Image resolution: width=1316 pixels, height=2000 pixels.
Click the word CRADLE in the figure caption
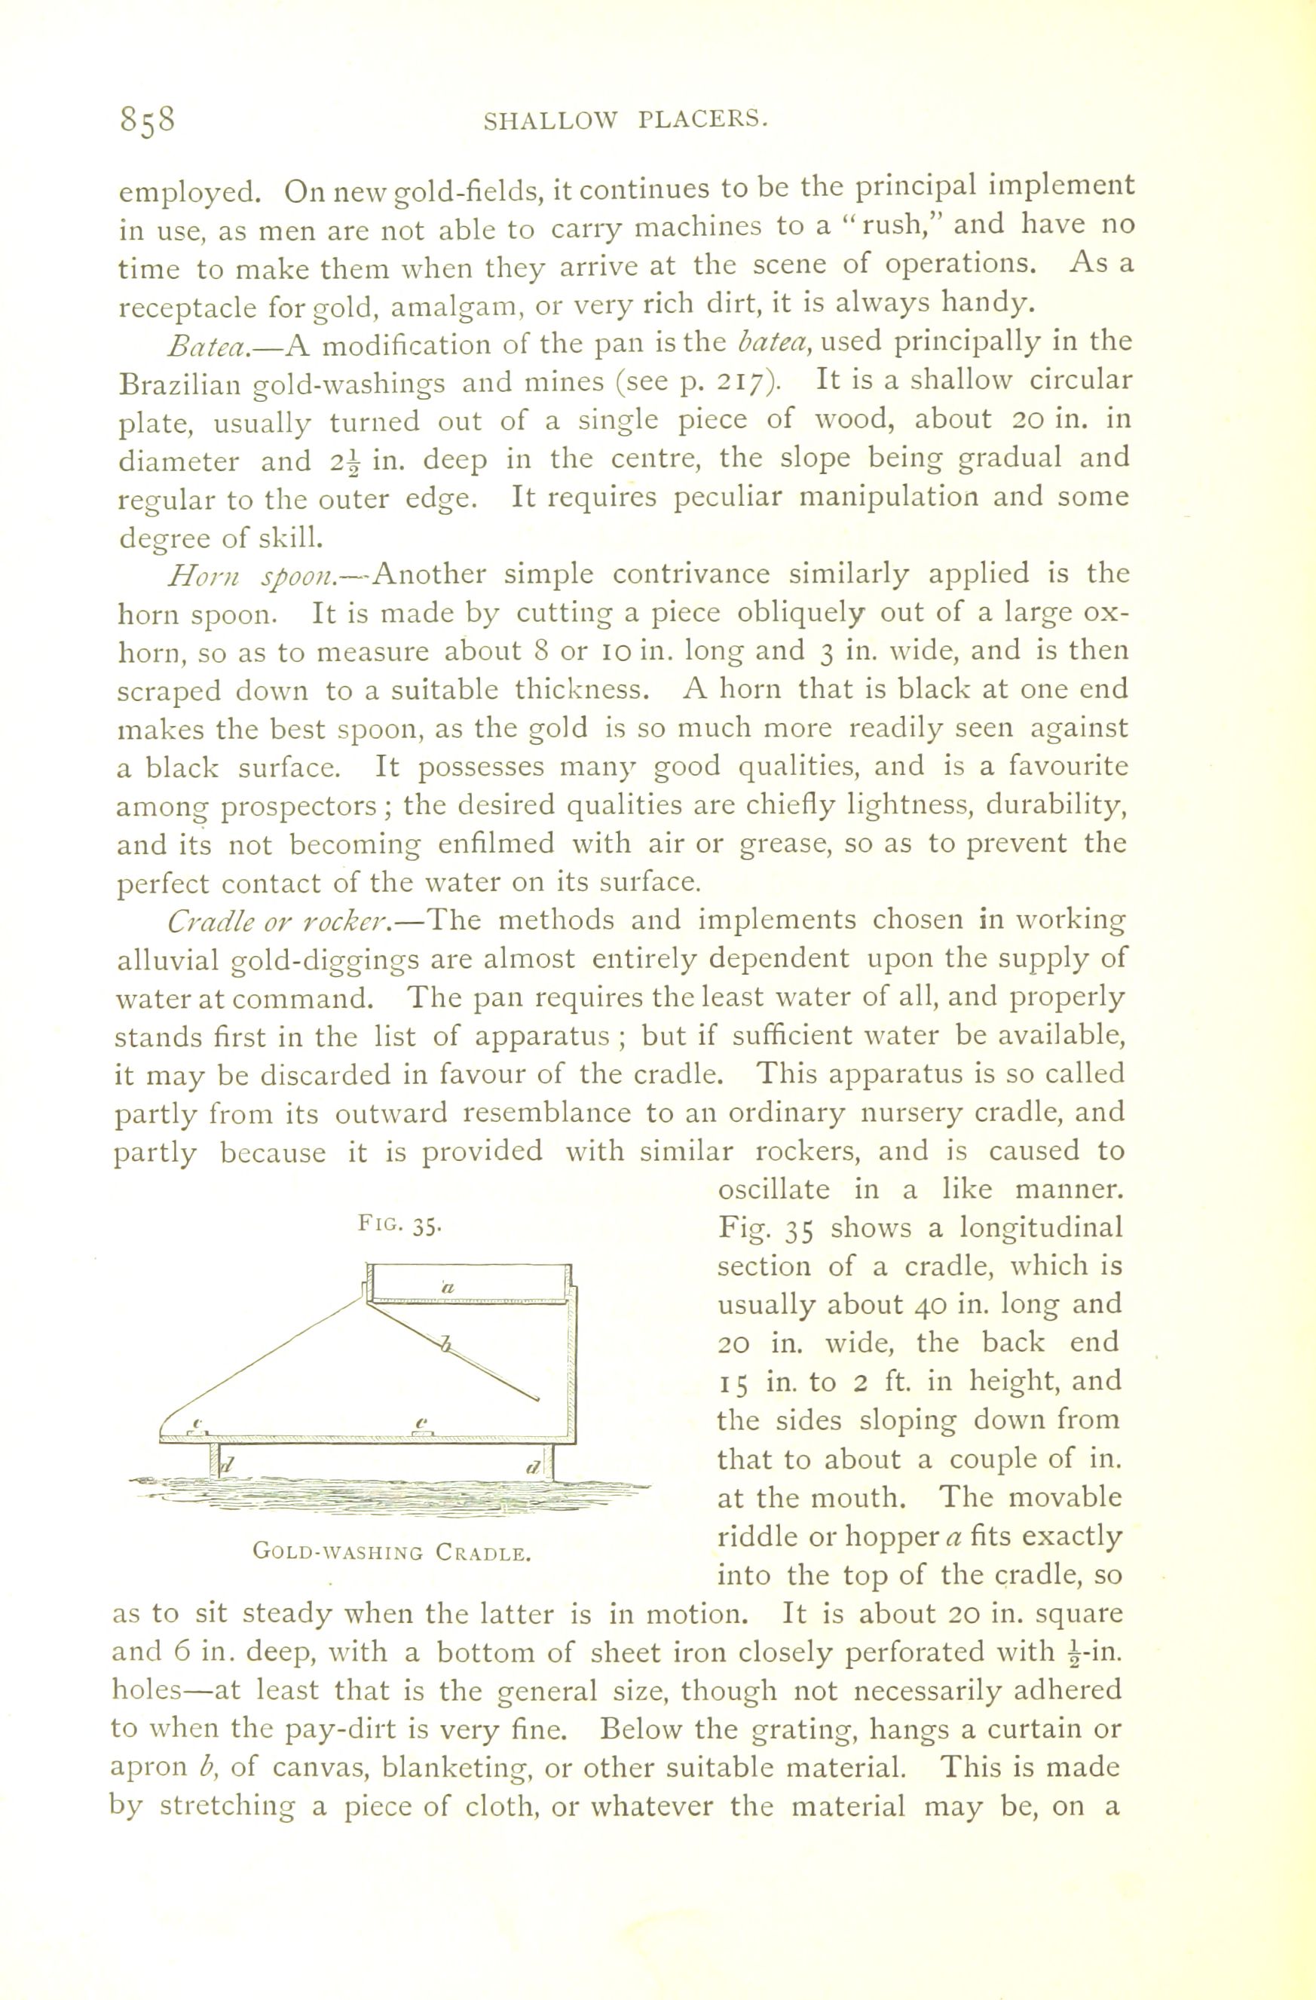(x=483, y=1552)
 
